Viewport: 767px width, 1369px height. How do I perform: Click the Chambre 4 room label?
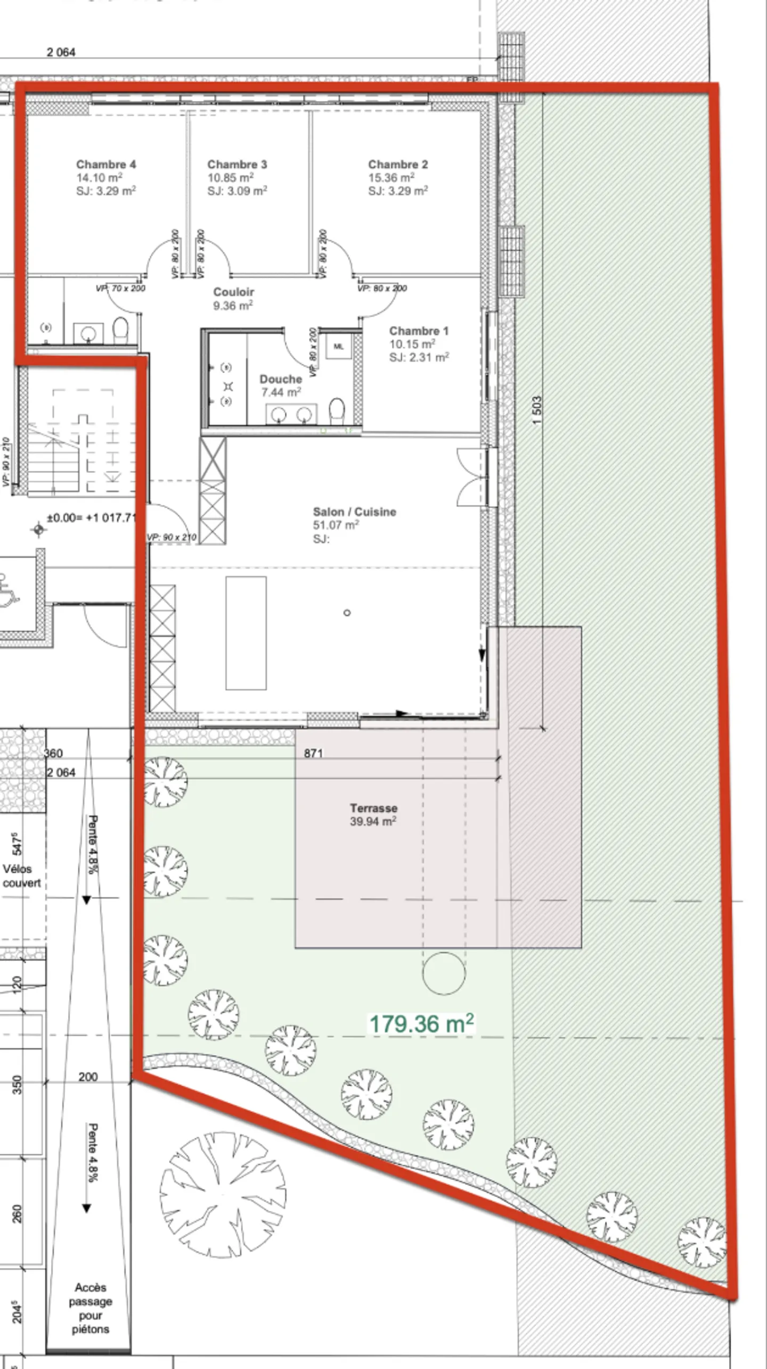105,164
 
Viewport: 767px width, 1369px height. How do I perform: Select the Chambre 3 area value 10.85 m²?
230,178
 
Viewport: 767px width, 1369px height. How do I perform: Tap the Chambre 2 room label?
398,164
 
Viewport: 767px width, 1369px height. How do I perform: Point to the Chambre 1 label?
419,331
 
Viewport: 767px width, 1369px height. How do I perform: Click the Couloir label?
233,292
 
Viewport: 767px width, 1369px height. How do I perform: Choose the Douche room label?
281,379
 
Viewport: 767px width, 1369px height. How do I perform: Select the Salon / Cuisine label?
354,512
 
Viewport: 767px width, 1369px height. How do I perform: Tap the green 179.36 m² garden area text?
421,1023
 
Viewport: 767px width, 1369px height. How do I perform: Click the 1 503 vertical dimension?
537,409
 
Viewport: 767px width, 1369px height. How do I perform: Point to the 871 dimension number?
313,753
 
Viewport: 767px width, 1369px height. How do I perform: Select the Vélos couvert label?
21,876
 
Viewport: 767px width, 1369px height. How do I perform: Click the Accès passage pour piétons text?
90,1308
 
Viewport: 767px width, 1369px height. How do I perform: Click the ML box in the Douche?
339,347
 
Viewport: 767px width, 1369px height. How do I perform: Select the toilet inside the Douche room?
337,411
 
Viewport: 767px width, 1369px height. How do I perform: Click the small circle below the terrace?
444,973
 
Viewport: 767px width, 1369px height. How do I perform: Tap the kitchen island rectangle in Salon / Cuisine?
246,633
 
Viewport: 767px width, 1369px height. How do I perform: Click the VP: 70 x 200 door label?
120,288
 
